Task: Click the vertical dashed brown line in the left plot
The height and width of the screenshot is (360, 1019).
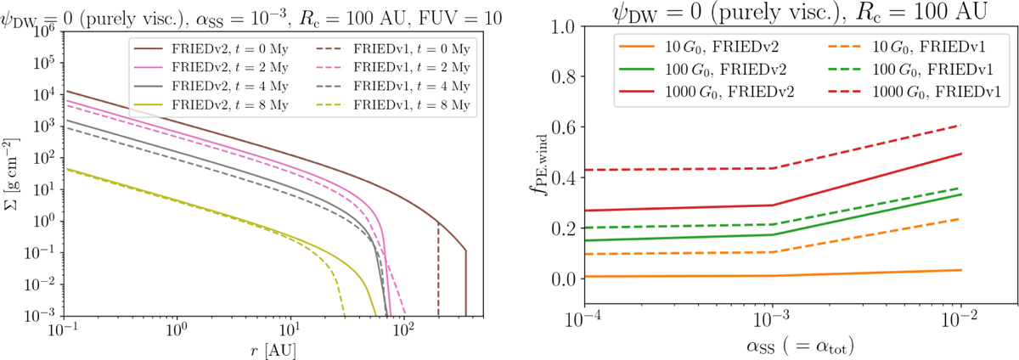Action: [x=438, y=272]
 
